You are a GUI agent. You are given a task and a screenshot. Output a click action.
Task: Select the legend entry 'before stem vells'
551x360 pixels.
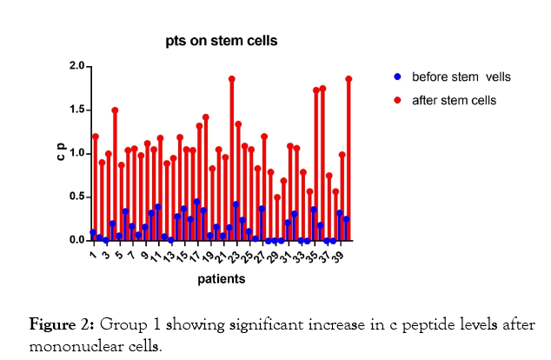(x=461, y=77)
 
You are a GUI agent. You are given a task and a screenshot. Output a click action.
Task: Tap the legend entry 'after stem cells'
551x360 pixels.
(x=454, y=100)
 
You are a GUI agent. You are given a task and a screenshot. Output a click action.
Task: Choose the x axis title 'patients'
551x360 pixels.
(x=221, y=280)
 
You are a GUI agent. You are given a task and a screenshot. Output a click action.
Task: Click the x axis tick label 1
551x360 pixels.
(x=91, y=252)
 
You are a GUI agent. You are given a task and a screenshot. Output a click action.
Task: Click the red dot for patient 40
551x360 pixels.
(x=349, y=79)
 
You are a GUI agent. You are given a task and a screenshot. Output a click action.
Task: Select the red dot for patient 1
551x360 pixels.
(x=95, y=137)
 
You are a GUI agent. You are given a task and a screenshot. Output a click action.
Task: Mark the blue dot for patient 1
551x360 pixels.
(x=93, y=232)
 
